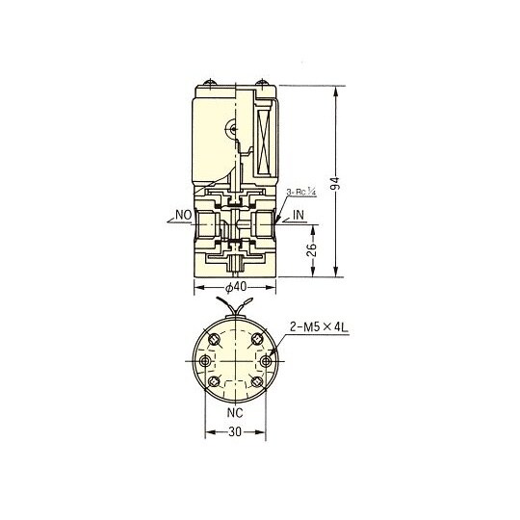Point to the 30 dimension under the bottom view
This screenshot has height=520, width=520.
coord(236,433)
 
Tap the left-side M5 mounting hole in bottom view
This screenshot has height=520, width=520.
coord(204,361)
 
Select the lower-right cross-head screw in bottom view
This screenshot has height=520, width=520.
coord(257,382)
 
